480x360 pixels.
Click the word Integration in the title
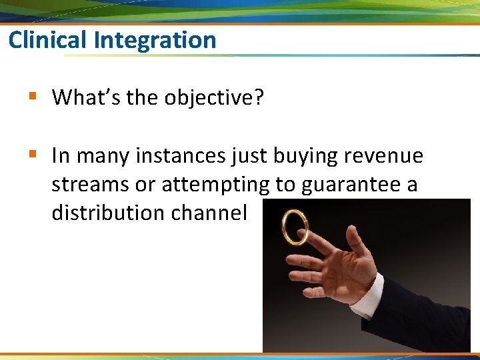coord(155,40)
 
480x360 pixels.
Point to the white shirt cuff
coord(367,297)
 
